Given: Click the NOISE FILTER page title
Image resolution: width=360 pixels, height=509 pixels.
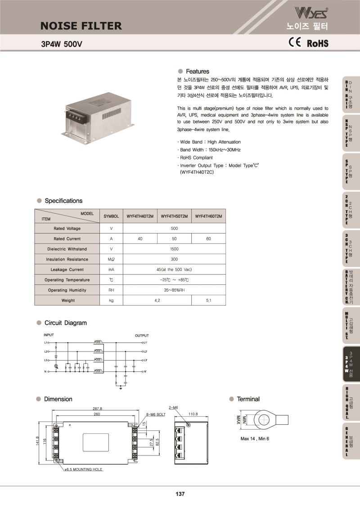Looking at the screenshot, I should pyautogui.click(x=81, y=26).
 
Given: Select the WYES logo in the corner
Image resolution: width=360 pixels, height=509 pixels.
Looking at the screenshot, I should pyautogui.click(x=308, y=12).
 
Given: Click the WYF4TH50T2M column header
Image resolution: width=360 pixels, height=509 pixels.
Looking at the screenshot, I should pyautogui.click(x=174, y=216).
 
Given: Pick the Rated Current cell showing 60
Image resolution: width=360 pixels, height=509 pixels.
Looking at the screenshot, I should pyautogui.click(x=208, y=239).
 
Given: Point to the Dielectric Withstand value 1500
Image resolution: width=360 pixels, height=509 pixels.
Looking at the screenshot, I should pyautogui.click(x=174, y=249).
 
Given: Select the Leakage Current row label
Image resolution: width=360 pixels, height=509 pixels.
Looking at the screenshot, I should pyautogui.click(x=67, y=270).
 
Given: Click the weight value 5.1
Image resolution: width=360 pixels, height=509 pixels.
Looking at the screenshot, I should pyautogui.click(x=208, y=300).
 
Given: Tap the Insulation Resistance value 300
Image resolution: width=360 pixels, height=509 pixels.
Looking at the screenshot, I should pyautogui.click(x=174, y=259).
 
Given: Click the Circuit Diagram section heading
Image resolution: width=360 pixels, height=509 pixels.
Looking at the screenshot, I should pyautogui.click(x=65, y=323).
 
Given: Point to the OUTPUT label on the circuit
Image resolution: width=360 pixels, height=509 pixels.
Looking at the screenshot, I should pyautogui.click(x=142, y=336).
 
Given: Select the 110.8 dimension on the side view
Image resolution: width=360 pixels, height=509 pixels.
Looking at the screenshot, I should pyautogui.click(x=193, y=414).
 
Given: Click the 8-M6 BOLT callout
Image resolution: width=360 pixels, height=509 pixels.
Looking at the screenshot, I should pyautogui.click(x=156, y=414).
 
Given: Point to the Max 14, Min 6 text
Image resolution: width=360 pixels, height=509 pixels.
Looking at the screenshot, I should pyautogui.click(x=255, y=438).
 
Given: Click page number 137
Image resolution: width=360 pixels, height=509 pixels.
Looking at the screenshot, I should pyautogui.click(x=180, y=494).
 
